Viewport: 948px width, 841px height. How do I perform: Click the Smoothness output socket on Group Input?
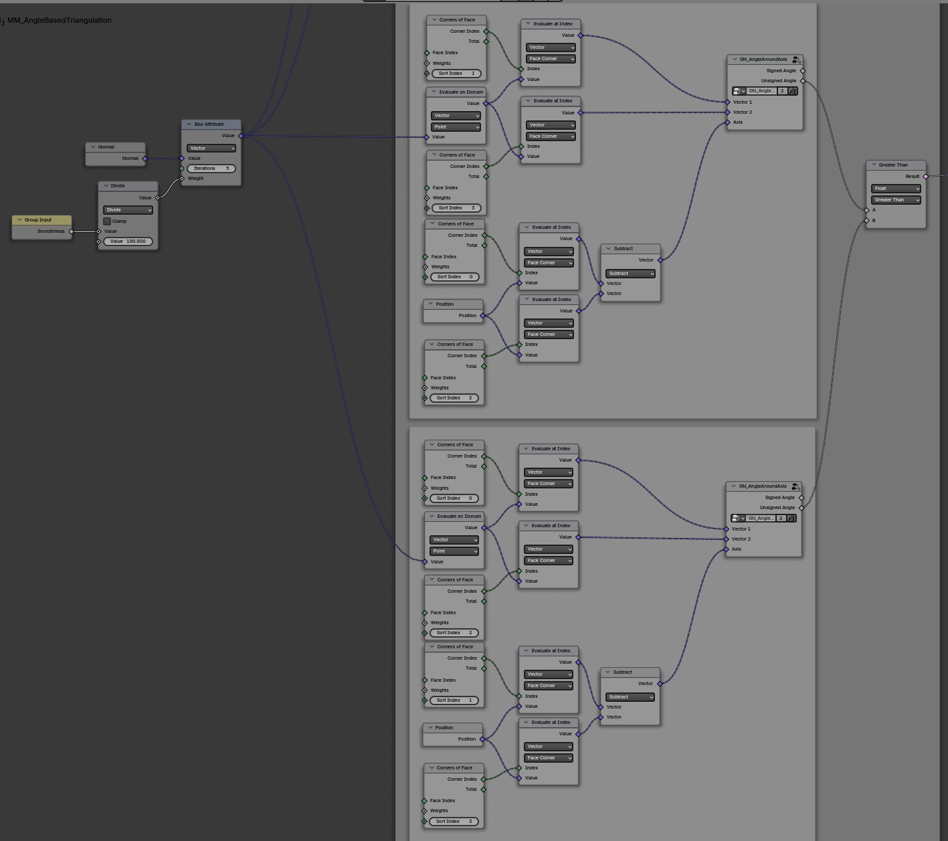[x=72, y=231]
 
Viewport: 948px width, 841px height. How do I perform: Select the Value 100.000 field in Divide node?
[x=128, y=242]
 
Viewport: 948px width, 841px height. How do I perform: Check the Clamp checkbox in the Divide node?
[x=107, y=221]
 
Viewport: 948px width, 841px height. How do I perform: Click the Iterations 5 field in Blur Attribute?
[x=211, y=169]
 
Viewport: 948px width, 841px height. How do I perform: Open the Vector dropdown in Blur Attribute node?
[x=211, y=149]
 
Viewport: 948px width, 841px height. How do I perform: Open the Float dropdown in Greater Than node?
[x=896, y=189]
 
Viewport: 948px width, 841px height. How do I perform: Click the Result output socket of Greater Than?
[x=926, y=177]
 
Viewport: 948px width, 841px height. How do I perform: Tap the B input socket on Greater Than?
[x=866, y=221]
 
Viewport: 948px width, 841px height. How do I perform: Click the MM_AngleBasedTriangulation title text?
[x=59, y=20]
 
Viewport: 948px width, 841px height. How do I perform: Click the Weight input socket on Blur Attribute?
[x=182, y=179]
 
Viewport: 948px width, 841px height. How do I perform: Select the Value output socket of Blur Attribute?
[x=241, y=136]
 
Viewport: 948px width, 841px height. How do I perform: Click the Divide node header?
[x=127, y=185]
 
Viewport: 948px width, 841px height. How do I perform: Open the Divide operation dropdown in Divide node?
[x=128, y=210]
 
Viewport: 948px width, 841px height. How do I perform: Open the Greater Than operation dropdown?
[x=896, y=200]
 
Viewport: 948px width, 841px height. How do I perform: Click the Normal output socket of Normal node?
[x=145, y=159]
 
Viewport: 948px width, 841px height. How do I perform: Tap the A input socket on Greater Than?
[x=866, y=210]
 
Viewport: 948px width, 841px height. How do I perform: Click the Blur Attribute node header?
[x=211, y=124]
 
